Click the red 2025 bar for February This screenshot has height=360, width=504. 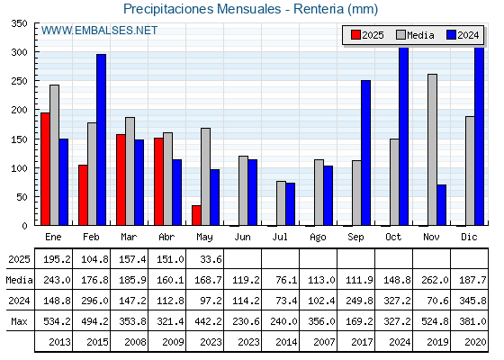click(x=83, y=195)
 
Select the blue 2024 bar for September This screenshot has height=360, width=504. click(x=365, y=153)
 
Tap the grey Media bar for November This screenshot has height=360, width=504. click(x=432, y=149)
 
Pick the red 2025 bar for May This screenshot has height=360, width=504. click(x=196, y=215)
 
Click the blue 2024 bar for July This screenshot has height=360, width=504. click(x=290, y=204)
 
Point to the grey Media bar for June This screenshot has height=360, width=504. click(x=243, y=191)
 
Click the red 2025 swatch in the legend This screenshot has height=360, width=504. click(x=355, y=35)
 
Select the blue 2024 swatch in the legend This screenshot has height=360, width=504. click(x=451, y=35)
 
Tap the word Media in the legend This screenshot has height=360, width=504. click(x=420, y=35)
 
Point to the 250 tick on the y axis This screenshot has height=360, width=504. click(x=19, y=81)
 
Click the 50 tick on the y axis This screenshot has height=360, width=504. click(x=22, y=197)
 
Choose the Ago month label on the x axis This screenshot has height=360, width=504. click(x=318, y=238)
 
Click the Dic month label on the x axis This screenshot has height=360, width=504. click(x=469, y=237)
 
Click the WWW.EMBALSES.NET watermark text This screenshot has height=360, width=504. click(x=99, y=31)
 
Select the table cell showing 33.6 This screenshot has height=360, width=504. click(x=211, y=259)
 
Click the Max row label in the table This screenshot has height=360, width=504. click(x=19, y=321)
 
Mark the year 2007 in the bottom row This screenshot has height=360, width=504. click(x=324, y=342)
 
